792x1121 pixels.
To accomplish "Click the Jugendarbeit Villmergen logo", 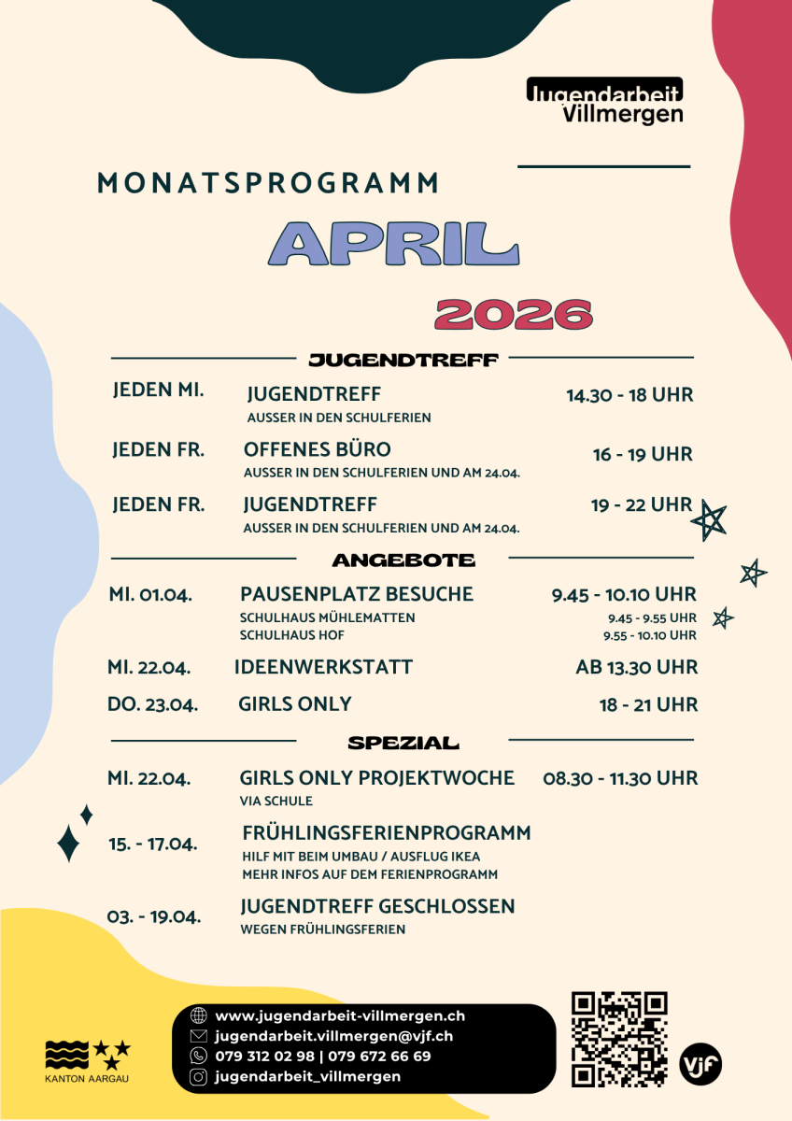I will (x=604, y=101).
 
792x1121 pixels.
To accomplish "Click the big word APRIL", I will (x=393, y=245).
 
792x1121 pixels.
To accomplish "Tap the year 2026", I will (x=514, y=315).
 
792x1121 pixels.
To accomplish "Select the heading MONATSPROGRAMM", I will (x=268, y=183).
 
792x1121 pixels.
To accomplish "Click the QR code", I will (x=619, y=1039).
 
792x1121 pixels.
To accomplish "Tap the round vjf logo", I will (x=700, y=1064).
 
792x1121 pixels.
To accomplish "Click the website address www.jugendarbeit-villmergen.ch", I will (x=340, y=1015).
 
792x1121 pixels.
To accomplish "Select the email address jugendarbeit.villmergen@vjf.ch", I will (x=333, y=1036).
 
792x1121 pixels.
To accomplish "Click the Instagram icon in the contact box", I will (x=198, y=1077).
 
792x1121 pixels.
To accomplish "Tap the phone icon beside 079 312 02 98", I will (x=198, y=1057).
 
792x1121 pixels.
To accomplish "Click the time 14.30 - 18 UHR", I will (x=629, y=395).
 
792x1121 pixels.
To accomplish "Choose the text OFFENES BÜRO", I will (x=318, y=449).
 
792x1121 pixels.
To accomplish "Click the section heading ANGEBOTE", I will (x=403, y=560).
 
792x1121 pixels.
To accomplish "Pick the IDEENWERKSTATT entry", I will (x=323, y=667).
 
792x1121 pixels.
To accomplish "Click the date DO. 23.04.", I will (x=152, y=704).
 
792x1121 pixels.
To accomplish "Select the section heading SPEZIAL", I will (x=403, y=744).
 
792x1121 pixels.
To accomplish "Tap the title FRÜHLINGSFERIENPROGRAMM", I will (x=386, y=832).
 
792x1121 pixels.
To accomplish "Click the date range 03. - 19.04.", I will (x=154, y=916).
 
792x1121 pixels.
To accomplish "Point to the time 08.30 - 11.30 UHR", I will (x=620, y=778).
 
